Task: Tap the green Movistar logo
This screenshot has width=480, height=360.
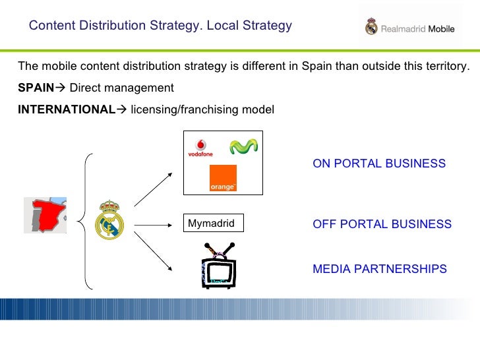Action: pos(241,146)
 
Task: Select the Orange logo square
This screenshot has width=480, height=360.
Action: pos(222,178)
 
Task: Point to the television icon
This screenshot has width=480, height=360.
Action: pos(218,266)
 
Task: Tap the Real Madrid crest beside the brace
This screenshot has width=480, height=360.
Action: pos(109,219)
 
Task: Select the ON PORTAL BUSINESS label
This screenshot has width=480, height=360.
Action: pos(379,164)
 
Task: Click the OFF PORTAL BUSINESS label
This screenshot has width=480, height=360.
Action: pos(382,224)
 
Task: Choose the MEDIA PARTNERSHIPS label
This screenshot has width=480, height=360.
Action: pos(379,269)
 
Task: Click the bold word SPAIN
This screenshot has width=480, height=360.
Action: pos(36,88)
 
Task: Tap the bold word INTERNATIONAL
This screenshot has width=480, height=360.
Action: pos(66,109)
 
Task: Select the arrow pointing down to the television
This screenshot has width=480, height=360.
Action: pos(153,252)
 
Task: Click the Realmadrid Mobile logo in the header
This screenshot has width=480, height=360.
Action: pos(409,28)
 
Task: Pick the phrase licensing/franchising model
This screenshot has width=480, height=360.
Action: pos(202,109)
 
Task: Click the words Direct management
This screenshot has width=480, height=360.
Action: pos(121,88)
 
